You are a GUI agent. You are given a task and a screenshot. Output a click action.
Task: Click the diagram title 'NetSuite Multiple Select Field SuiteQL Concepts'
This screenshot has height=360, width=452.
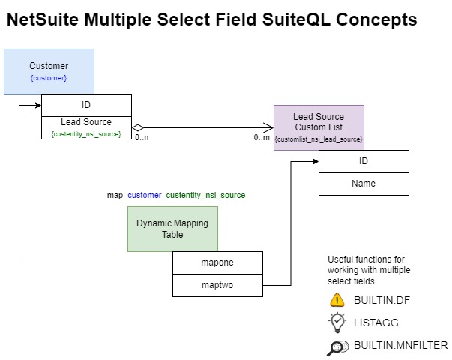[211, 20]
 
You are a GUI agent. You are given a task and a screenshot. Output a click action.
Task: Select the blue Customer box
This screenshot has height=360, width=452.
[49, 71]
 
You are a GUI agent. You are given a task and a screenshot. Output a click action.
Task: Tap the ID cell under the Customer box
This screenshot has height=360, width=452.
[86, 105]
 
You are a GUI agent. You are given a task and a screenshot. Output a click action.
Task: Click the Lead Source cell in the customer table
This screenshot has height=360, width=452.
[86, 122]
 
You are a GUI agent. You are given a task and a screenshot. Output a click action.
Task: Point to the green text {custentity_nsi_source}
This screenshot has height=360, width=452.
[86, 133]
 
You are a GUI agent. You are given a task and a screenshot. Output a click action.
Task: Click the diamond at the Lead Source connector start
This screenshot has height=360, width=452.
[138, 127]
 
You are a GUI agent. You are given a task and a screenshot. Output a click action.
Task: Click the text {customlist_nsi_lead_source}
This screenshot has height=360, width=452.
[319, 139]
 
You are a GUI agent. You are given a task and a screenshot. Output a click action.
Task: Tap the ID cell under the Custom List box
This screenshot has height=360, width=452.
[364, 161]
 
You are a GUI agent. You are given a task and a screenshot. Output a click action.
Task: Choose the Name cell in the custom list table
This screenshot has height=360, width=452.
[364, 183]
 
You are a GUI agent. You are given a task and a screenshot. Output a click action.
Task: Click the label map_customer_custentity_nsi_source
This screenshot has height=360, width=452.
[176, 195]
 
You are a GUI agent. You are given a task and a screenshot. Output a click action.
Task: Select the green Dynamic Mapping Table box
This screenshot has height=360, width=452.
[172, 229]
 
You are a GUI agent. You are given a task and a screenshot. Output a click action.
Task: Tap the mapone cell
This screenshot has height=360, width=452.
[217, 262]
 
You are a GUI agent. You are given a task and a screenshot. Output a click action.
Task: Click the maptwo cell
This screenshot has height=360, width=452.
[217, 285]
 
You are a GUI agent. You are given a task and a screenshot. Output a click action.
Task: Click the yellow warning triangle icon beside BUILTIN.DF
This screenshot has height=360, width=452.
[337, 300]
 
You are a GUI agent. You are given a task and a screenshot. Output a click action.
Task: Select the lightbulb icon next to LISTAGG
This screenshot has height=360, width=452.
[337, 322]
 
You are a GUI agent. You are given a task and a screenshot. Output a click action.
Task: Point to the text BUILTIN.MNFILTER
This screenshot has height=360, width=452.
[400, 345]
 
